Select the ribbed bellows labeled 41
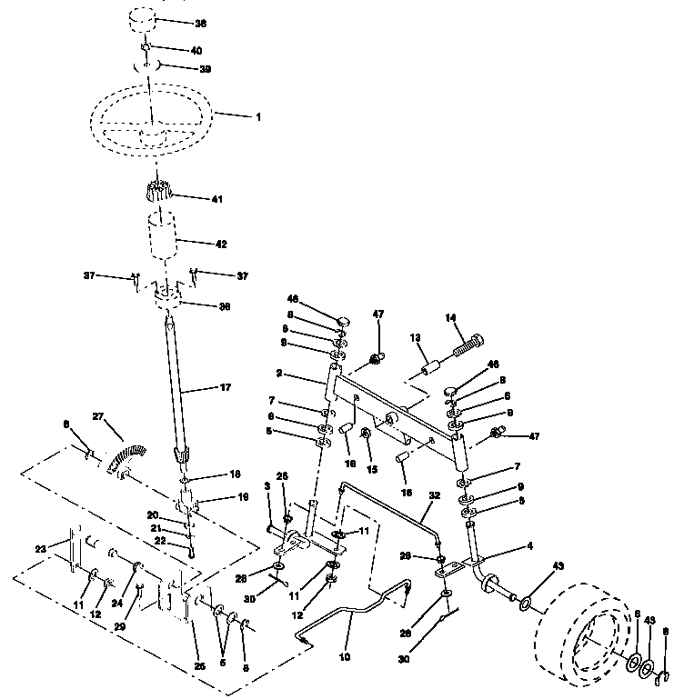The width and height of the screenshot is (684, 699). [x=159, y=193]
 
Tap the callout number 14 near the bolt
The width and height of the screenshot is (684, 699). [x=449, y=317]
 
